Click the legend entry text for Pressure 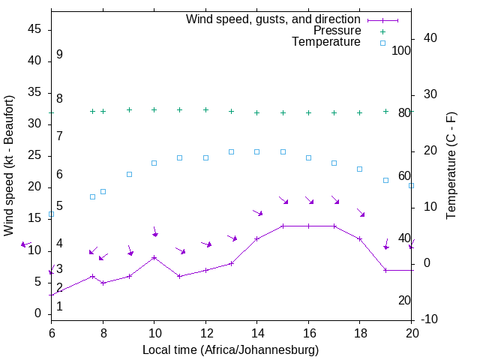click(x=337, y=31)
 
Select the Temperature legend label click(x=326, y=42)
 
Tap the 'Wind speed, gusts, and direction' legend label click(x=274, y=19)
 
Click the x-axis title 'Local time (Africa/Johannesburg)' click(x=231, y=349)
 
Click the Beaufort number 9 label click(x=59, y=55)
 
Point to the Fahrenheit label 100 click(x=401, y=50)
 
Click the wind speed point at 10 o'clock click(x=154, y=257)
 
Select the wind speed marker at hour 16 click(x=308, y=226)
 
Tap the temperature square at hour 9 click(x=129, y=174)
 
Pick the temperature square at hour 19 click(x=385, y=180)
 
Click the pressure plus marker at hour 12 click(x=205, y=109)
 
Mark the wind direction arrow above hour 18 click(x=361, y=213)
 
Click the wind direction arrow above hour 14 click(x=257, y=213)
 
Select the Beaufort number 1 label click(x=59, y=306)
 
